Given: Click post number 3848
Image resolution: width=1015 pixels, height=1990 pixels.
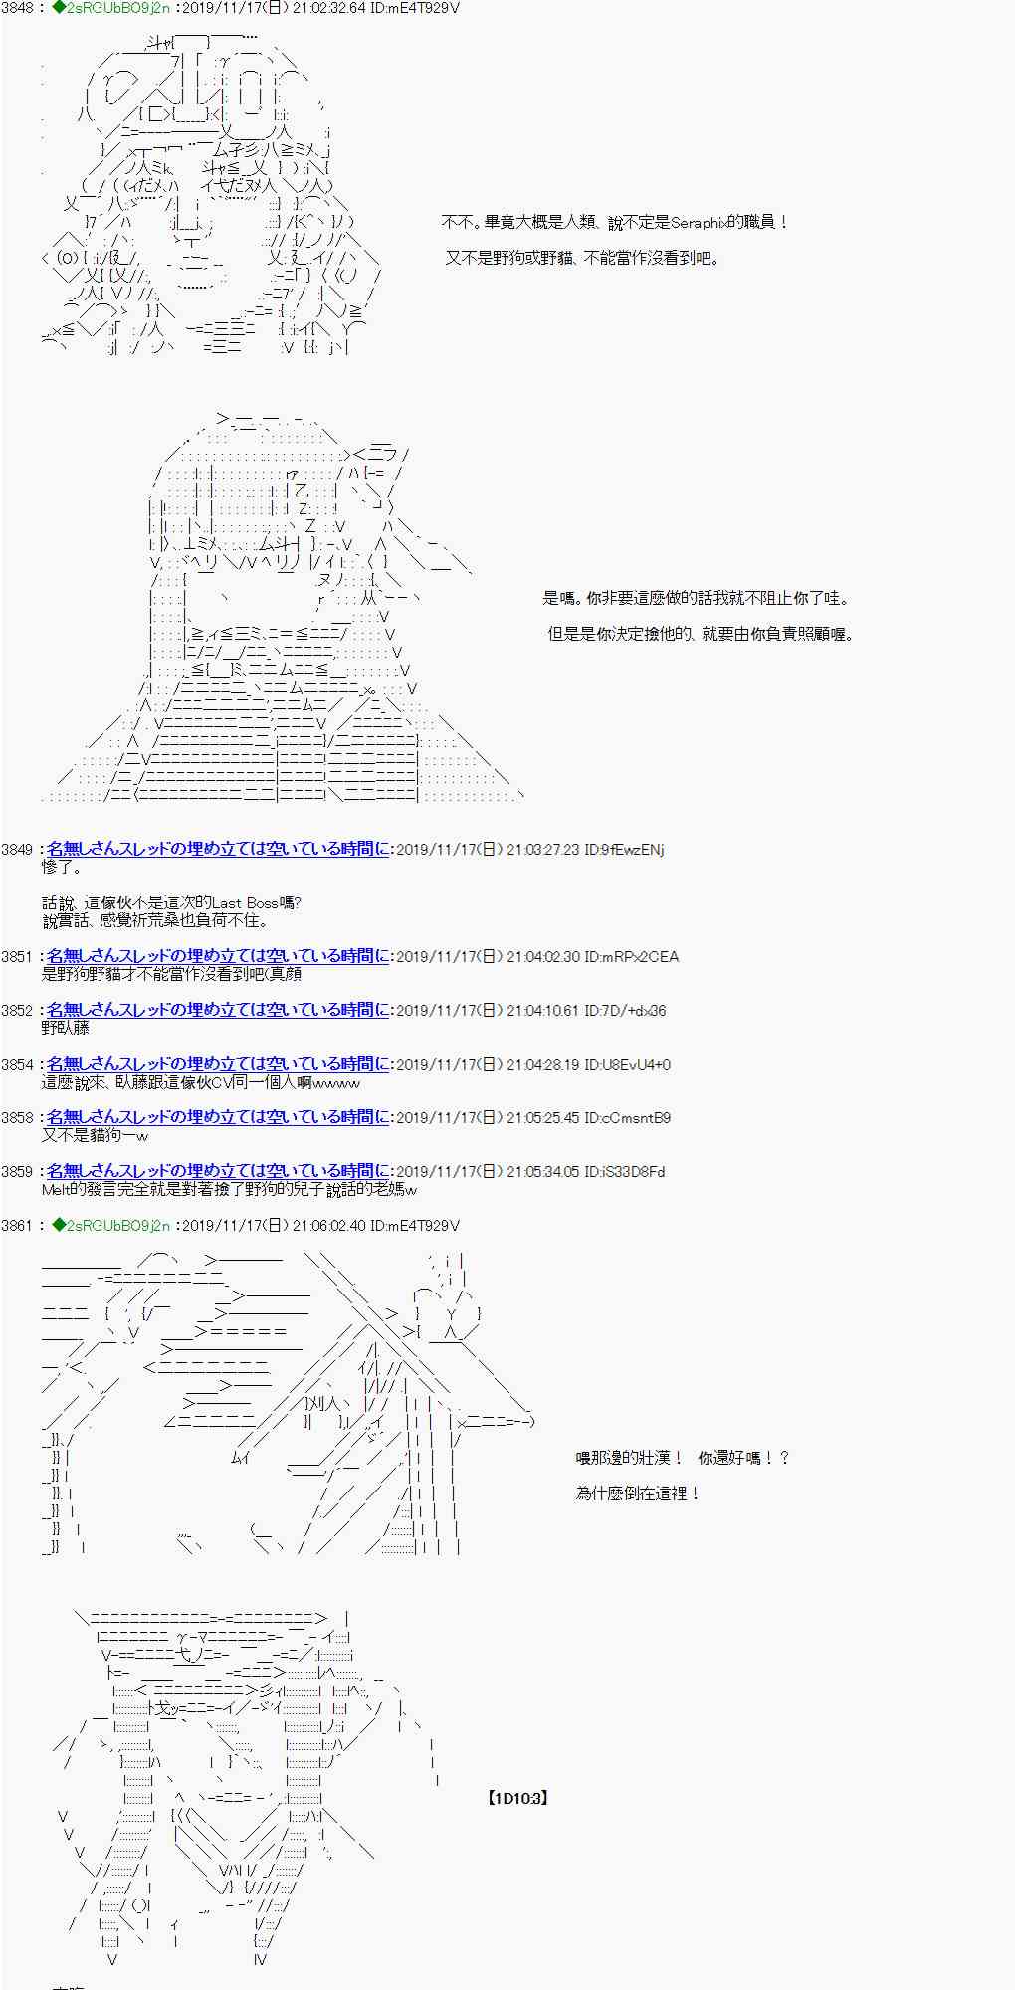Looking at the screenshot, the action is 17,8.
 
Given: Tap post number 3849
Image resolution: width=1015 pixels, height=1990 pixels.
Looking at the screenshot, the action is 17,850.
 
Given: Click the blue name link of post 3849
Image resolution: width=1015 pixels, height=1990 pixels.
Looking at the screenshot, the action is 218,849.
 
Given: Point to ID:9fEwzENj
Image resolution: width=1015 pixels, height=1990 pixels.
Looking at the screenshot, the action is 624,850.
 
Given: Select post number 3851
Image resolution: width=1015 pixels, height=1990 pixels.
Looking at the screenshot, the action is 17,957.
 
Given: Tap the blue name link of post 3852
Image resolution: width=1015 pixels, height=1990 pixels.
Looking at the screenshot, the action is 218,1010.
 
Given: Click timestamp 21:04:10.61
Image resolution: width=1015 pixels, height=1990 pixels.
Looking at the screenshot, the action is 543,1011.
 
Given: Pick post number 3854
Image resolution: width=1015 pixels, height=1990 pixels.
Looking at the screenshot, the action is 17,1065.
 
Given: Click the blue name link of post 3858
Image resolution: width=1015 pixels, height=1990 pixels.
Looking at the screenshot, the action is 218,1117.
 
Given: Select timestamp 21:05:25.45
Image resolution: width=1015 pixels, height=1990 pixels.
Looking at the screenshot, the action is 543,1118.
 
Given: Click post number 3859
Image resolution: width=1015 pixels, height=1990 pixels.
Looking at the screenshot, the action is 17,1172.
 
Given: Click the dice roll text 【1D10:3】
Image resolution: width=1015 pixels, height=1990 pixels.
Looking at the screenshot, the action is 518,1798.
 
